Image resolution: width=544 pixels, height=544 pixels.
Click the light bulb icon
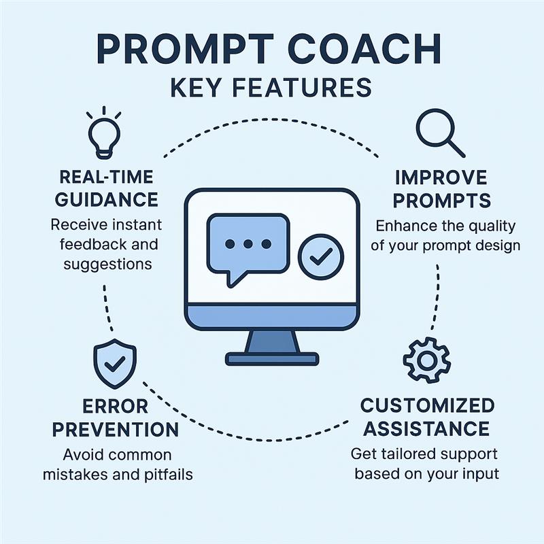coord(104,133)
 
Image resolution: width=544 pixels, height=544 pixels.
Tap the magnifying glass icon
coord(440,133)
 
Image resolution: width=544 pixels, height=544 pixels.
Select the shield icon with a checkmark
coord(115,364)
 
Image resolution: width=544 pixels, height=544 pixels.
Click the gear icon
coord(427,360)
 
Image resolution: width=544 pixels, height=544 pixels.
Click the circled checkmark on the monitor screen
coord(321,257)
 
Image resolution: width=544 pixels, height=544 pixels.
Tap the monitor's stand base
coord(272,359)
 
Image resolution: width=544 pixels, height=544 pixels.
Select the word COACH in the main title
coord(364,48)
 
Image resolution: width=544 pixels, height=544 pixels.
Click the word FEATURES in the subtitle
coord(302,87)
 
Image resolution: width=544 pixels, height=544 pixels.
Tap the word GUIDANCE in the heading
coord(107,199)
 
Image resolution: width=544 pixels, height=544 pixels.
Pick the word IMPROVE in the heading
coord(441,177)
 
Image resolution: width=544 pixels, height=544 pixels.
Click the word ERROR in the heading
coord(115,406)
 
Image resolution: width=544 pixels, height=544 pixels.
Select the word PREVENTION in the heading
coord(115,430)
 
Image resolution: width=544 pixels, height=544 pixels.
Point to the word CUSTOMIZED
coord(428,405)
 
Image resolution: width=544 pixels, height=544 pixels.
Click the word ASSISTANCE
coord(426,429)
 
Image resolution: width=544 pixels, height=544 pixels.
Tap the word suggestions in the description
coord(107,265)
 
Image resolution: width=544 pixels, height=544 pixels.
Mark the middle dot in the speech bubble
coord(248,244)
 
